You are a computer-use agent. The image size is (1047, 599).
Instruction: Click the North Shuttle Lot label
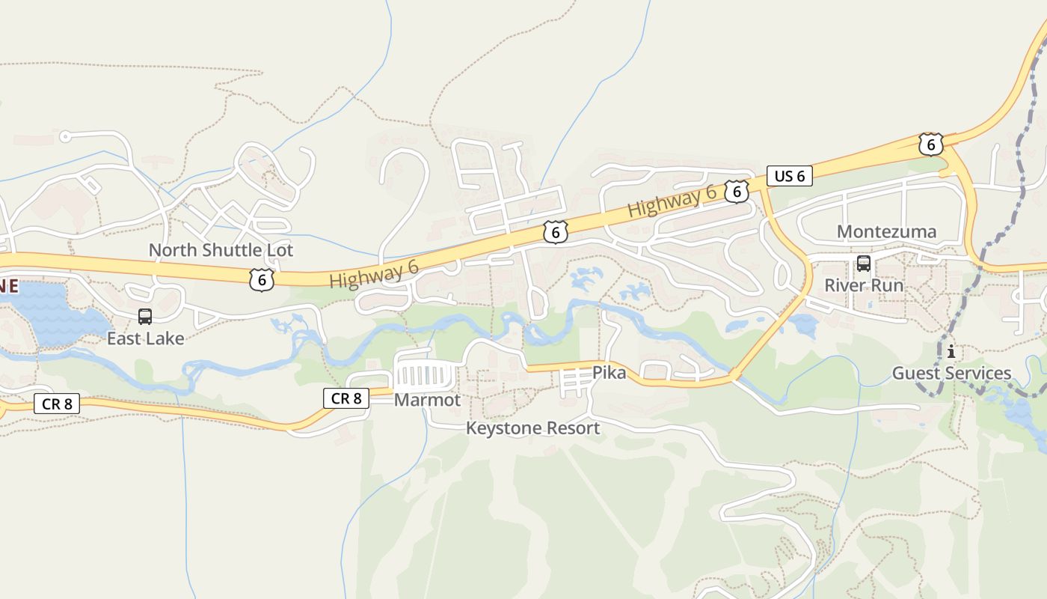click(x=221, y=250)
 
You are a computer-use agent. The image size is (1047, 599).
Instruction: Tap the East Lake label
click(x=145, y=338)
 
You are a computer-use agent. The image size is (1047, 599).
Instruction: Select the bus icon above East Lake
click(x=145, y=317)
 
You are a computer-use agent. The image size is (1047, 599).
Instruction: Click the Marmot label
click(x=427, y=400)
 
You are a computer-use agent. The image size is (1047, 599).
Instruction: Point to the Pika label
click(x=609, y=372)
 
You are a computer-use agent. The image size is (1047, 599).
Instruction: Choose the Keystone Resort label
click(x=532, y=428)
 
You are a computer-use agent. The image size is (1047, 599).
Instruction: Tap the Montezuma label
click(x=886, y=231)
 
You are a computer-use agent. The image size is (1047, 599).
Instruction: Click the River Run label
click(x=864, y=285)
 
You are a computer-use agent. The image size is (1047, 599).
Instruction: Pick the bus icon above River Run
click(x=864, y=264)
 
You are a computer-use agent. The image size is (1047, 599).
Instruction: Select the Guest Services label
click(x=951, y=373)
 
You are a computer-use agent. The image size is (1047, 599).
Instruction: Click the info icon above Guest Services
click(x=951, y=352)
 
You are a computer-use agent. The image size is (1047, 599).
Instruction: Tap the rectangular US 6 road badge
click(x=789, y=177)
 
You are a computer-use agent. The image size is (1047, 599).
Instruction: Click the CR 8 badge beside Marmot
click(x=346, y=398)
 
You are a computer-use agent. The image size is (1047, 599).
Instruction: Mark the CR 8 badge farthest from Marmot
click(x=57, y=404)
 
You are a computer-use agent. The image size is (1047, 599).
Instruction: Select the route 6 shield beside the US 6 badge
click(x=737, y=192)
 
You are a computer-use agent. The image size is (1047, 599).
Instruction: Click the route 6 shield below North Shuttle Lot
click(x=261, y=280)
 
